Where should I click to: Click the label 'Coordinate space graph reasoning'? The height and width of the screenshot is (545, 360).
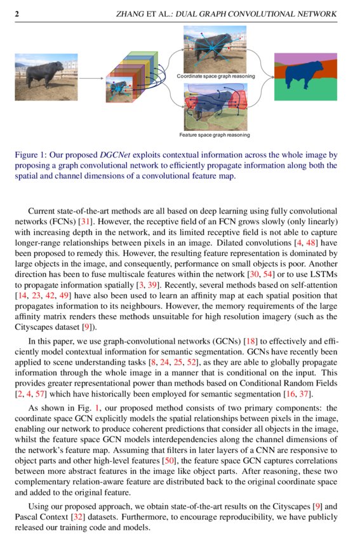point(216,76)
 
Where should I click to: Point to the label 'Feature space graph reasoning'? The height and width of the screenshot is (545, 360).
point(215,135)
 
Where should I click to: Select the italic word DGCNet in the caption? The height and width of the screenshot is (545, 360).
point(116,155)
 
